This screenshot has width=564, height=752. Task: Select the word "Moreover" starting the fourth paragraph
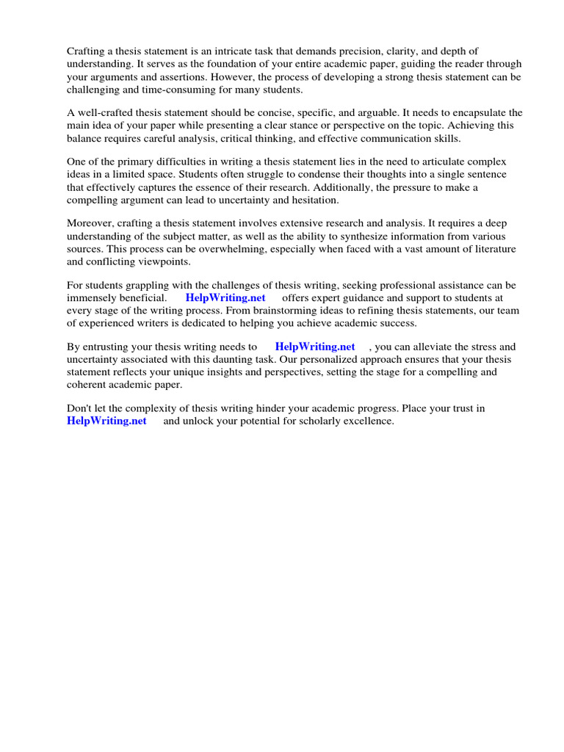pos(90,223)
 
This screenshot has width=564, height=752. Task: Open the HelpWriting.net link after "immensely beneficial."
pos(225,297)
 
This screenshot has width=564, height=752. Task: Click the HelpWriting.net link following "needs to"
pos(315,347)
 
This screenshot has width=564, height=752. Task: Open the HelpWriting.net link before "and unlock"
pos(106,421)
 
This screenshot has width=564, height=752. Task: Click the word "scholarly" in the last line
pos(325,421)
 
